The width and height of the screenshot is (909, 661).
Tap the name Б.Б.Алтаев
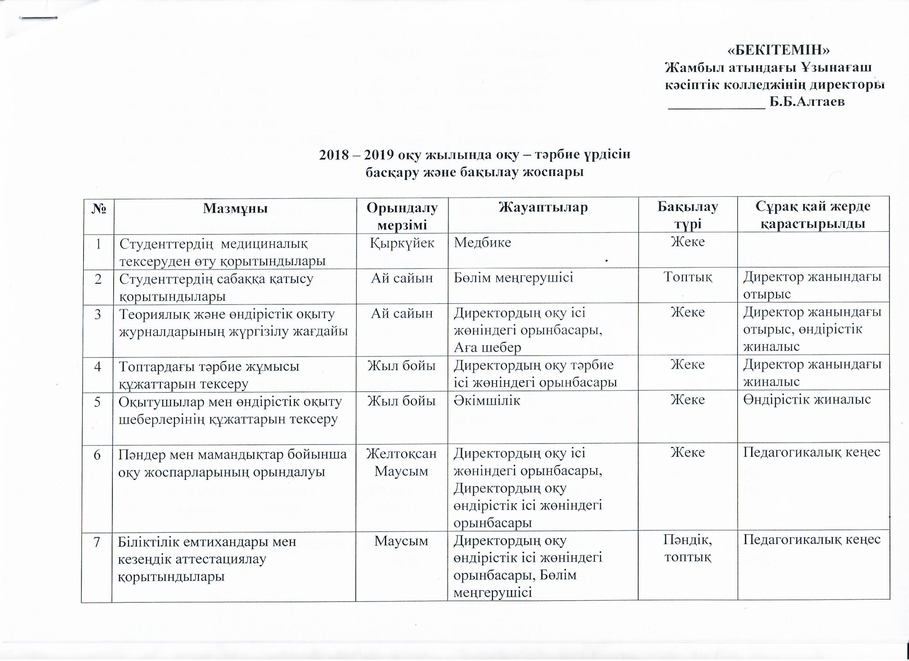click(x=806, y=102)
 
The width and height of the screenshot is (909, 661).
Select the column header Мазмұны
click(x=235, y=208)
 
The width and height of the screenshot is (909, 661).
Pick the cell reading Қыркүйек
click(x=402, y=243)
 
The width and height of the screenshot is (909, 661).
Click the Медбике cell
click(x=482, y=243)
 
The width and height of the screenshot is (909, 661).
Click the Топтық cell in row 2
click(x=687, y=277)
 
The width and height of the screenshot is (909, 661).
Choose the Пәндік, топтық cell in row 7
click(x=688, y=549)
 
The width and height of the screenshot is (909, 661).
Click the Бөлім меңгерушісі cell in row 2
click(x=513, y=277)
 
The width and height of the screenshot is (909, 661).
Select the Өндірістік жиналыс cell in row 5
click(x=807, y=400)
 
